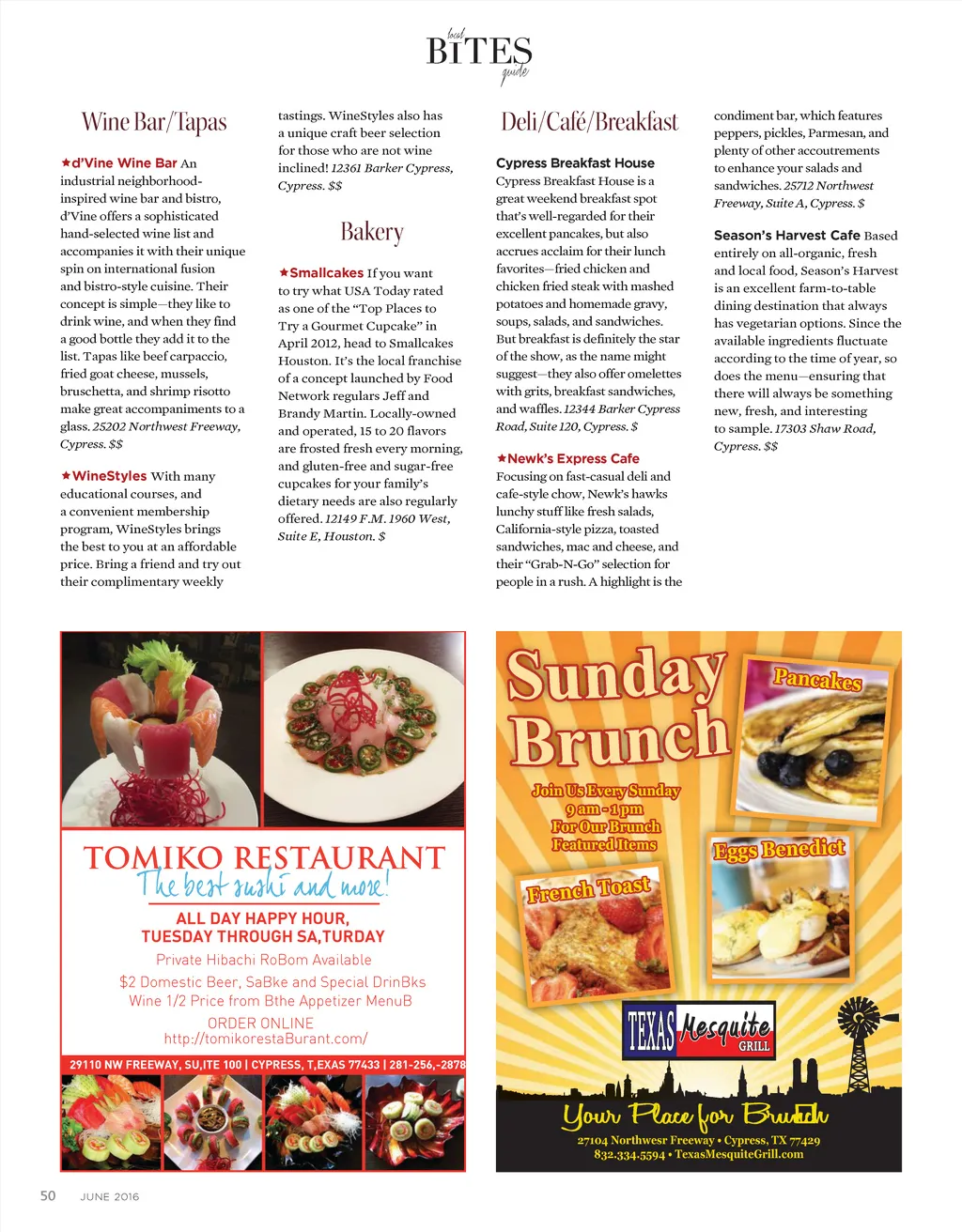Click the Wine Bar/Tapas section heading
coord(154,122)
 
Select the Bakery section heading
coord(372,232)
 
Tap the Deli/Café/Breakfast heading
coord(589,122)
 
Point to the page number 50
coord(48,1195)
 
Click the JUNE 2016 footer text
coord(110,1196)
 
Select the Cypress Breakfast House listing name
coord(575,162)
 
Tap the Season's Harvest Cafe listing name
coord(786,235)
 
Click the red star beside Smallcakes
coord(283,272)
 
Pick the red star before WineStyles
coord(66,476)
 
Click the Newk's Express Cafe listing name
coord(573,458)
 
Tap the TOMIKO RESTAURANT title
coord(264,857)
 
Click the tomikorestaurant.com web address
coord(265,1039)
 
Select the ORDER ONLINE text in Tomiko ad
coord(260,1023)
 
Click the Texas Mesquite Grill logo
coord(700,1029)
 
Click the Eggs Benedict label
coord(779,850)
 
